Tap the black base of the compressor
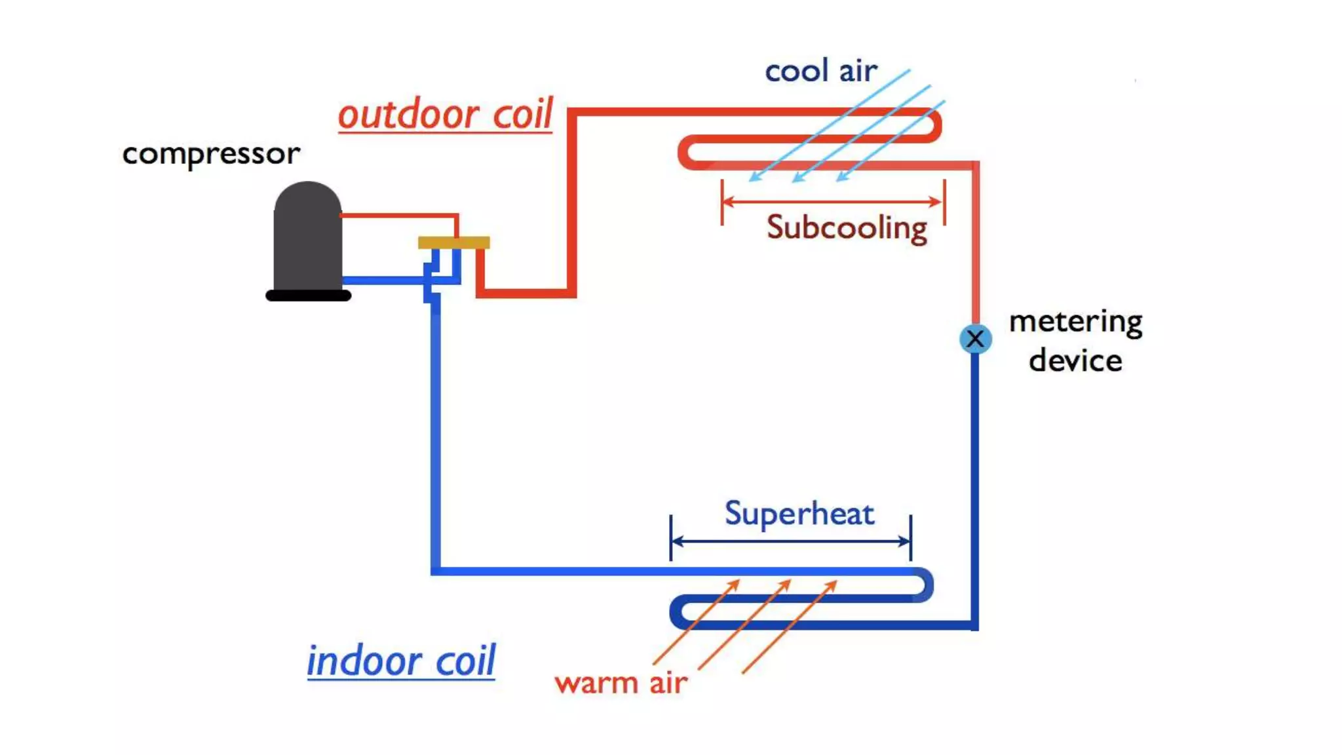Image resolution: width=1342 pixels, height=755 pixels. click(308, 296)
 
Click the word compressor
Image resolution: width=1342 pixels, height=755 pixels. click(211, 155)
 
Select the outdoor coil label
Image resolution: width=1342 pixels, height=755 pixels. click(446, 115)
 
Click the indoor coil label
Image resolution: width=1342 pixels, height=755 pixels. click(401, 660)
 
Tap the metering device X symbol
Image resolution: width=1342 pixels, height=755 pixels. click(975, 339)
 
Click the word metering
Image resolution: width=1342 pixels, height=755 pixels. click(1075, 322)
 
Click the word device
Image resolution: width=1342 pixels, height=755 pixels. click(1075, 361)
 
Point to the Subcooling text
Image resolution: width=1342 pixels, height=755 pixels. click(847, 228)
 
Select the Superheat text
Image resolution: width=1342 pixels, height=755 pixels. click(799, 513)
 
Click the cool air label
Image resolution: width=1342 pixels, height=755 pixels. click(820, 71)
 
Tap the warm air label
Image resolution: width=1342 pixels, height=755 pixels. click(621, 683)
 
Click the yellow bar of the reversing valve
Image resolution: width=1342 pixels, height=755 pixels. click(453, 242)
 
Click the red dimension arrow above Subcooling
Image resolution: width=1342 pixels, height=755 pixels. click(832, 201)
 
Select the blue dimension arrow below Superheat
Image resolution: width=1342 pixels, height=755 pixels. click(791, 541)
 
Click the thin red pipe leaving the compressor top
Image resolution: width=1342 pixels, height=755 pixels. click(400, 215)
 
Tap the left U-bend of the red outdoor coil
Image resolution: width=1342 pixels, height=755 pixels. click(684, 152)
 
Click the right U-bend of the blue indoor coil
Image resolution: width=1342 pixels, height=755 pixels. click(927, 585)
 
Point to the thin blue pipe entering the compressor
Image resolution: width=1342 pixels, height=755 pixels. click(383, 281)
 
